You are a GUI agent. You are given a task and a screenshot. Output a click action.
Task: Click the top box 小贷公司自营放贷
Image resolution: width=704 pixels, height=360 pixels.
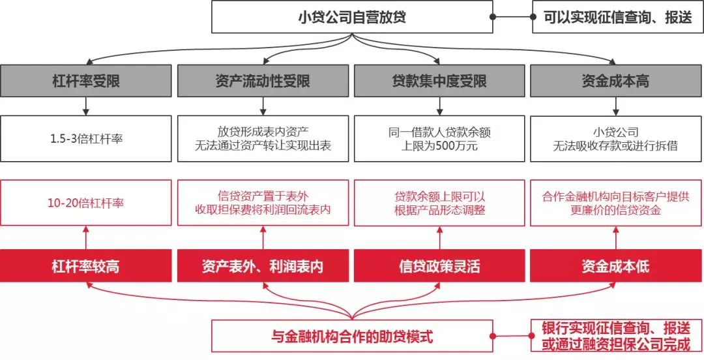[x=352, y=16]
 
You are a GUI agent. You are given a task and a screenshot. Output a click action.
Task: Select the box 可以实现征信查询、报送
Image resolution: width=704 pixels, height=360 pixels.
[x=617, y=16]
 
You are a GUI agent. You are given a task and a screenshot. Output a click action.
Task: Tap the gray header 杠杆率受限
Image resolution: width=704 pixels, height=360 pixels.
[x=86, y=81]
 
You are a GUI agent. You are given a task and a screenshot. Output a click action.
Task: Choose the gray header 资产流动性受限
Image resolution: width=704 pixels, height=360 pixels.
[x=263, y=81]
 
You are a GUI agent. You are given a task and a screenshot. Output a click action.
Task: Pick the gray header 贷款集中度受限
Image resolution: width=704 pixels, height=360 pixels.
[x=439, y=81]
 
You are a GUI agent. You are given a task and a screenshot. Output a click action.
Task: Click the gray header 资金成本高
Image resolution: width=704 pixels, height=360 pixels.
[x=617, y=81]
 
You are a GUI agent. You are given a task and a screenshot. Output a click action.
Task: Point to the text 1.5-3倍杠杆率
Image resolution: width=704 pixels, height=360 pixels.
[x=86, y=139]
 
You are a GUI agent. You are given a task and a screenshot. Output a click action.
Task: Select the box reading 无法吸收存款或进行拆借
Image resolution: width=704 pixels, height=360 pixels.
[x=617, y=139]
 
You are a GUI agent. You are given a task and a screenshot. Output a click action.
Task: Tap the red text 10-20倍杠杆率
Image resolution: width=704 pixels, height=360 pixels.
[x=85, y=203]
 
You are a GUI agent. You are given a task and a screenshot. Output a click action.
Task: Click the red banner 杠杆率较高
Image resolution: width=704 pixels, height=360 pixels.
[x=86, y=266]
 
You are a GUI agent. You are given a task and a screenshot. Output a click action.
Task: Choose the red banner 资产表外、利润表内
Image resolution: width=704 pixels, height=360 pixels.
[x=263, y=266]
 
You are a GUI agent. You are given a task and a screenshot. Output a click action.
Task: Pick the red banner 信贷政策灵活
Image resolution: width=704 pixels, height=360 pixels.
[x=439, y=266]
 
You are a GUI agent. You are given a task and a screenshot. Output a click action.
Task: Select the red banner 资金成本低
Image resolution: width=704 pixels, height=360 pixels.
[x=617, y=266]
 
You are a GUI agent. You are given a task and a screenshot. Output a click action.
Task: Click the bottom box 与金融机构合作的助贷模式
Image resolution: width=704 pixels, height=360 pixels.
[x=352, y=336]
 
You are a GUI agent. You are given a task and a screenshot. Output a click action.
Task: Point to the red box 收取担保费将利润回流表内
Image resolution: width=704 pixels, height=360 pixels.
[x=263, y=203]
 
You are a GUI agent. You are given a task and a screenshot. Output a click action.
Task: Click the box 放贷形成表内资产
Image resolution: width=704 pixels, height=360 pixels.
[x=263, y=139]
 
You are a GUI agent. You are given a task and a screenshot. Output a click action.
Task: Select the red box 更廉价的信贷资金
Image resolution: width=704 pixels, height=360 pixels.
[x=617, y=203]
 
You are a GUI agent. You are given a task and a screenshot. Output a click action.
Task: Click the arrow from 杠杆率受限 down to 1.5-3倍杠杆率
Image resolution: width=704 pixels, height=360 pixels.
[x=86, y=106]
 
